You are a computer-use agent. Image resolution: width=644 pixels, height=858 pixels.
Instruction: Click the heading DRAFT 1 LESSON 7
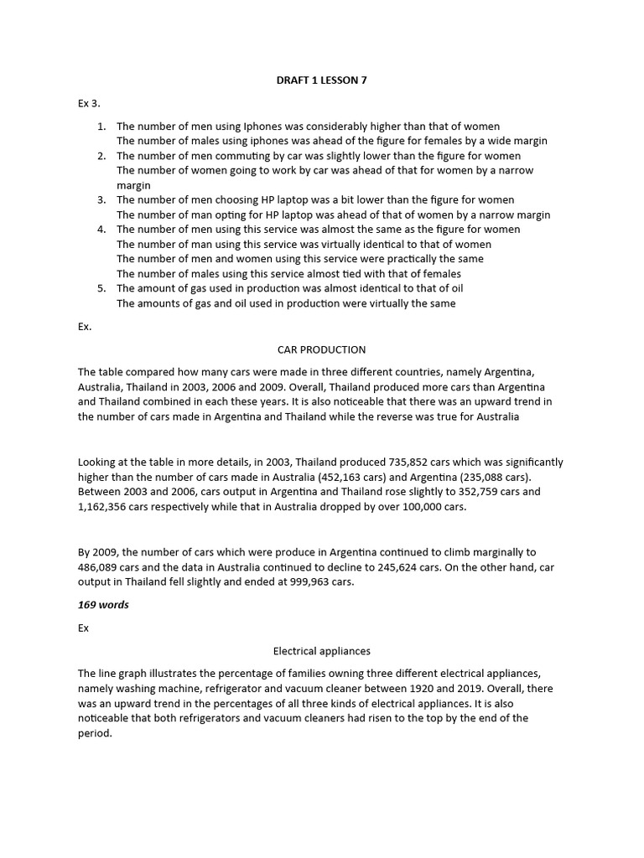coord(321,80)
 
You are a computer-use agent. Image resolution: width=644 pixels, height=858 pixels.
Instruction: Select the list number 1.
coord(101,127)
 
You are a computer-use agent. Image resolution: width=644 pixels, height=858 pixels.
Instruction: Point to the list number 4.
coord(101,230)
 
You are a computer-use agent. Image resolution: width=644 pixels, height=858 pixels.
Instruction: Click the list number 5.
coord(101,288)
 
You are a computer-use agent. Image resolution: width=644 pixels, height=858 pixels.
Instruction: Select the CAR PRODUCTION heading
coord(321,349)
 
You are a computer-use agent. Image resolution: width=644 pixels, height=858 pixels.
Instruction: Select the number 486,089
coord(104,567)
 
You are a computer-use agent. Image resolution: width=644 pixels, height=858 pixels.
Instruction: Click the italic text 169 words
coord(103,605)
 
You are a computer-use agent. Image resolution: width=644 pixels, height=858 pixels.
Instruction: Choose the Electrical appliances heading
coord(321,650)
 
